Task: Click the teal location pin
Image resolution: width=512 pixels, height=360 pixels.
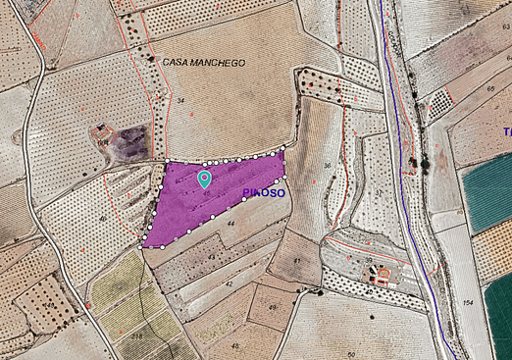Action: (x=204, y=179)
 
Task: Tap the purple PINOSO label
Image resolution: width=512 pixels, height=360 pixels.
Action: (x=263, y=193)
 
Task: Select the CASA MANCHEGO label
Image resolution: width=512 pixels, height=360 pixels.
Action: (x=204, y=62)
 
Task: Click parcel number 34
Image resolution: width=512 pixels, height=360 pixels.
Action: (x=180, y=100)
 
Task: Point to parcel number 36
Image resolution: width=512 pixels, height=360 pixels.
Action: (x=328, y=166)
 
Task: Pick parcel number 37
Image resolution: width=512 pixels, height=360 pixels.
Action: (x=378, y=192)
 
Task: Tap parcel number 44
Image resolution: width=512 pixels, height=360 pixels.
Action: (x=231, y=225)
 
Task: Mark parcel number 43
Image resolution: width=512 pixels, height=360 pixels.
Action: (x=211, y=256)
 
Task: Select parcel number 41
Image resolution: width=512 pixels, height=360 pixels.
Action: (x=297, y=261)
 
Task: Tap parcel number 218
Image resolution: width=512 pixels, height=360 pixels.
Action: (x=136, y=336)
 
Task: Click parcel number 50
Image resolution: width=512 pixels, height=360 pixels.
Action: (x=350, y=353)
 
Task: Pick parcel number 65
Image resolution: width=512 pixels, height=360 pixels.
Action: (x=489, y=89)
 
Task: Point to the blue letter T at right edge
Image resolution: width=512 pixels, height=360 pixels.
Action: (x=507, y=131)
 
